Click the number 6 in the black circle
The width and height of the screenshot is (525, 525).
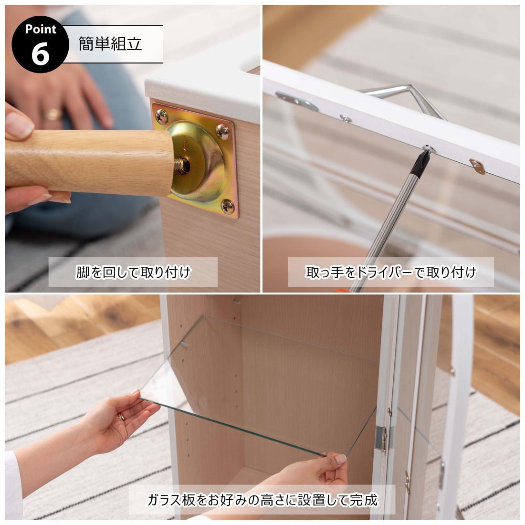[40, 54]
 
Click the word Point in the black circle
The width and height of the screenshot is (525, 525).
[41, 29]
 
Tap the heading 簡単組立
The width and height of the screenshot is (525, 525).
[110, 43]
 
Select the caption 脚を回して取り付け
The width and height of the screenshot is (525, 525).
[133, 272]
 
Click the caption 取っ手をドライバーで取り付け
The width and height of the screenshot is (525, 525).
[391, 272]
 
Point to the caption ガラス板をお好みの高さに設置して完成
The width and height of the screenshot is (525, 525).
[262, 500]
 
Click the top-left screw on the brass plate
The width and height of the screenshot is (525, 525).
[162, 116]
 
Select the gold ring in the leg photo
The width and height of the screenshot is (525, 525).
[53, 114]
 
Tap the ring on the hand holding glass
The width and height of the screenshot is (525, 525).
[121, 417]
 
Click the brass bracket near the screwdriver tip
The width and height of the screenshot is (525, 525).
[477, 166]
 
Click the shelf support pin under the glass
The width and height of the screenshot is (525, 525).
[184, 344]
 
